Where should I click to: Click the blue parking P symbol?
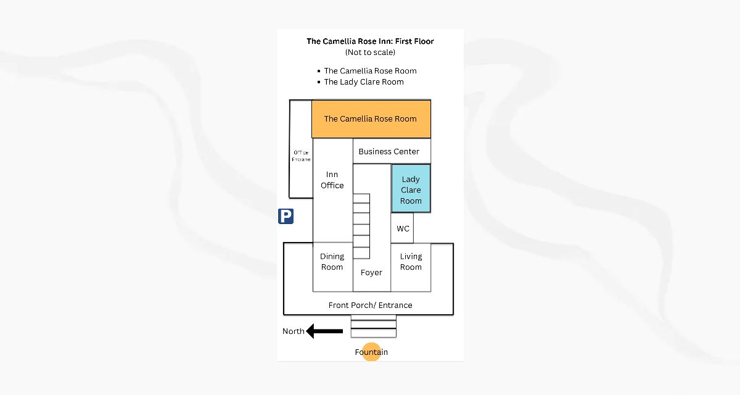click(286, 216)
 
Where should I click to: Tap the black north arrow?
click(324, 331)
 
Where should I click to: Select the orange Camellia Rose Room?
click(371, 119)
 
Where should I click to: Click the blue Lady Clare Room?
click(411, 189)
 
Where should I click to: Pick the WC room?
click(403, 229)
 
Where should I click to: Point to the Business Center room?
click(388, 151)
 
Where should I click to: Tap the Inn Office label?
click(332, 180)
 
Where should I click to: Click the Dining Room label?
click(332, 262)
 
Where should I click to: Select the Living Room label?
click(411, 262)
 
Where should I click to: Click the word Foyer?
click(371, 273)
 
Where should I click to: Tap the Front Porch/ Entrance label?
click(370, 306)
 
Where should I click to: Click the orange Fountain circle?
click(371, 352)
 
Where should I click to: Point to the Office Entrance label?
click(301, 156)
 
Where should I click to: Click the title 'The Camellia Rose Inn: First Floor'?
click(370, 41)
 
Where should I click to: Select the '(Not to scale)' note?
click(370, 52)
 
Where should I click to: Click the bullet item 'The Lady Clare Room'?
click(364, 82)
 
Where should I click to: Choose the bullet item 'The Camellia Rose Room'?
click(370, 71)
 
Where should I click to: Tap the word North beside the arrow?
click(293, 331)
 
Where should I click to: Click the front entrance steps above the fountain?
click(373, 326)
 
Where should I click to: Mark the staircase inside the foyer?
click(361, 226)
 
